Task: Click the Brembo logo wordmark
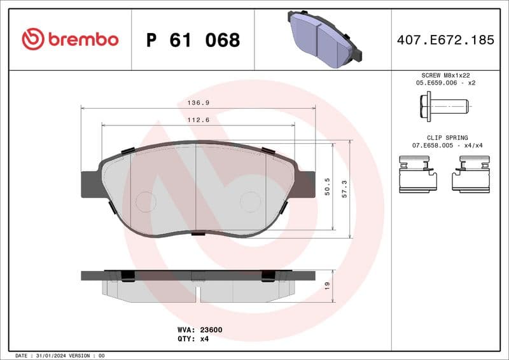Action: click(70, 39)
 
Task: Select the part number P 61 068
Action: click(193, 40)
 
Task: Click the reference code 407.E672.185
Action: click(445, 40)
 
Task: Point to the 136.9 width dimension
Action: click(198, 102)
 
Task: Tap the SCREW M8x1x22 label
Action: click(445, 74)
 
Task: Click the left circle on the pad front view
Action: click(146, 202)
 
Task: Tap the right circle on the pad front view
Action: click(250, 202)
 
